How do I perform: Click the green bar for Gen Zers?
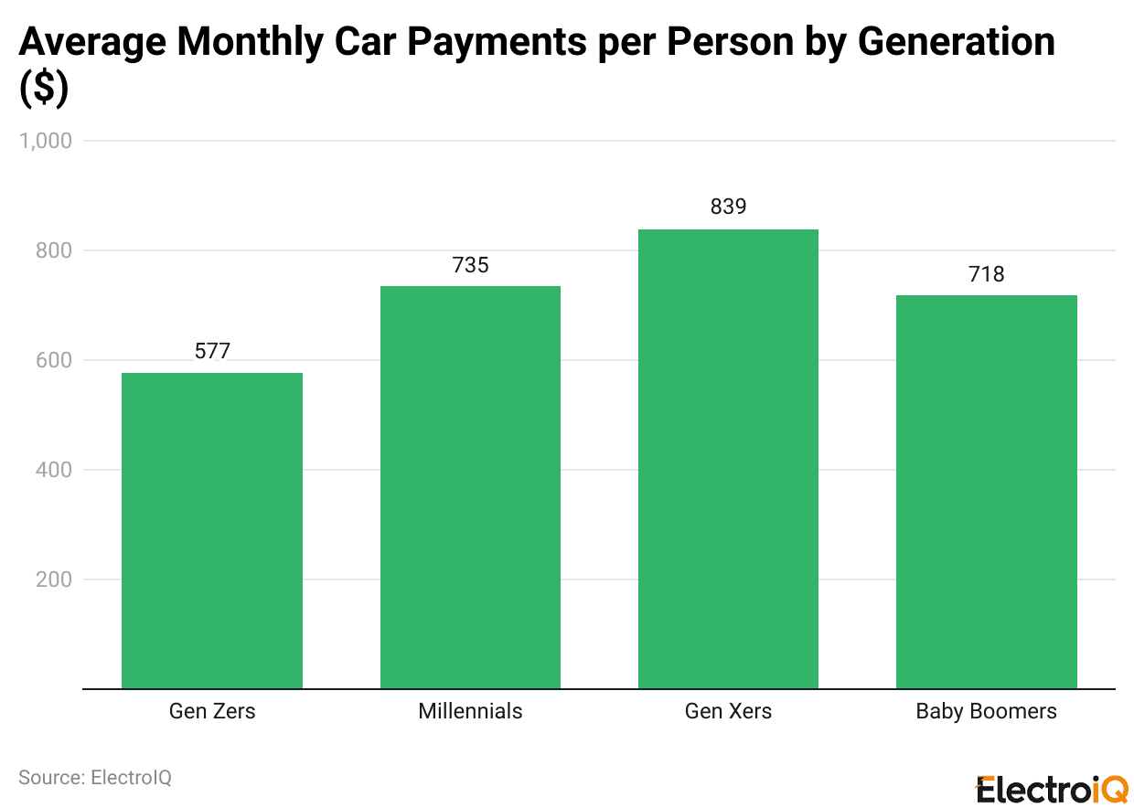click(212, 530)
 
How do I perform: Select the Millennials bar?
click(470, 487)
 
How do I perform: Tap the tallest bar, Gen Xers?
click(728, 459)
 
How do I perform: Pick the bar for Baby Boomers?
click(986, 492)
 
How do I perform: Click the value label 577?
click(212, 351)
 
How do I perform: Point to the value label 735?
click(470, 265)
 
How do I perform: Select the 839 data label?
click(728, 207)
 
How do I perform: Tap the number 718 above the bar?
click(986, 274)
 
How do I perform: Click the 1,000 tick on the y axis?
click(45, 141)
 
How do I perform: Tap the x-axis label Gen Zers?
click(212, 711)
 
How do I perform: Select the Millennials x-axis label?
click(470, 711)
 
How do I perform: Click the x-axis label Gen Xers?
click(728, 711)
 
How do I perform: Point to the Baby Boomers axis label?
click(986, 711)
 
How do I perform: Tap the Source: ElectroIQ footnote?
click(95, 777)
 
